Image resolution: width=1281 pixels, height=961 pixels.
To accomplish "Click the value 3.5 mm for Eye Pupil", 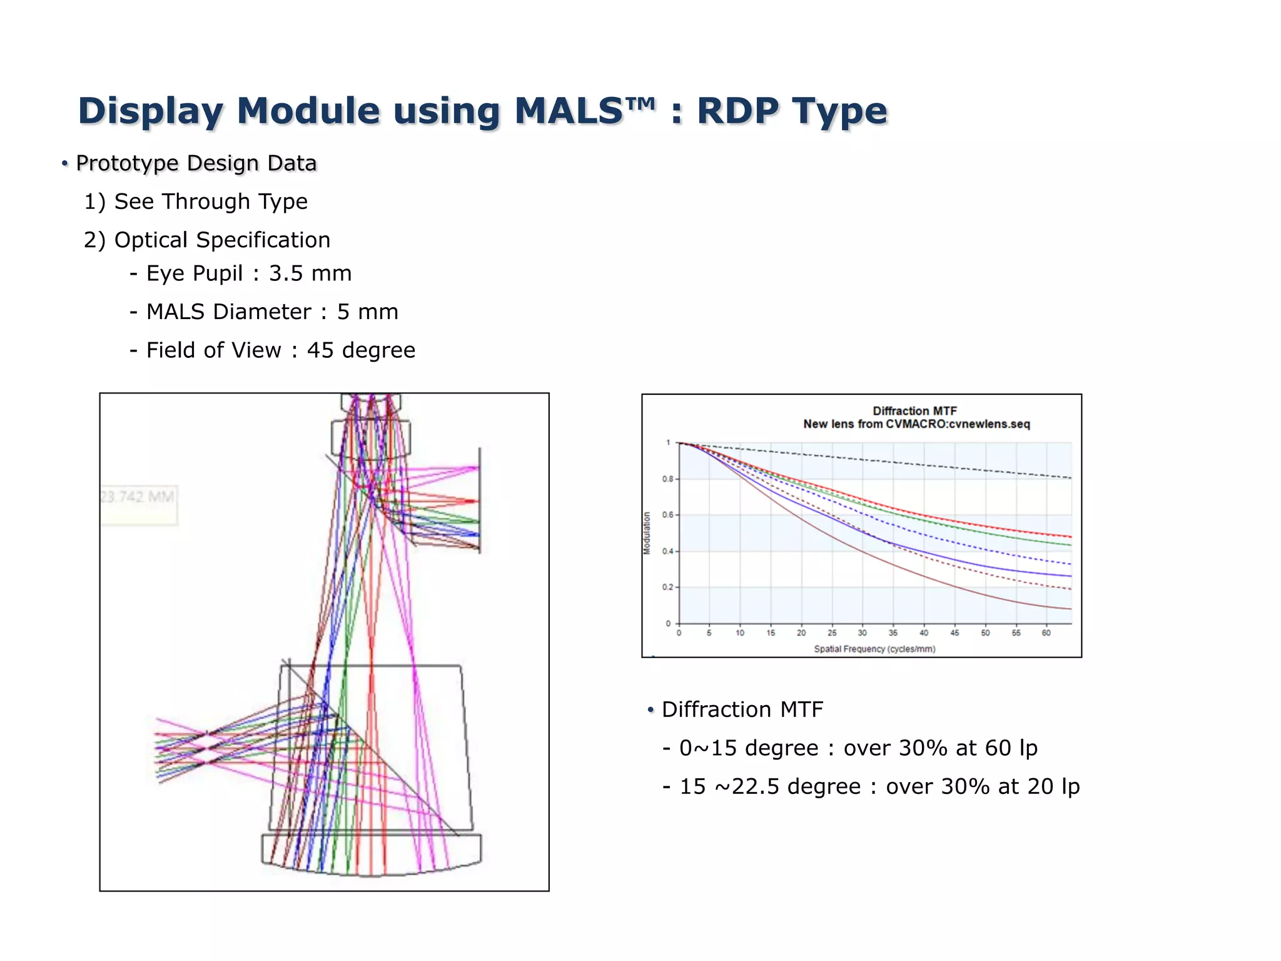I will [x=310, y=273].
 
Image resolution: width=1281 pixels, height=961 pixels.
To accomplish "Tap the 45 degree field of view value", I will [x=361, y=350].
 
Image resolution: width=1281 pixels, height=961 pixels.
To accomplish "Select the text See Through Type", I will [x=211, y=201].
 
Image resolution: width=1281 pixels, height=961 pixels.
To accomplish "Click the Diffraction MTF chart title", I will [x=914, y=411].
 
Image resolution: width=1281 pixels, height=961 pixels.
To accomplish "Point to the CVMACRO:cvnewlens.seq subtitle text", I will [x=957, y=424].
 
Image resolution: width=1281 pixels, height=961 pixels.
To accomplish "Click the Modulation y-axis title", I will [x=647, y=533].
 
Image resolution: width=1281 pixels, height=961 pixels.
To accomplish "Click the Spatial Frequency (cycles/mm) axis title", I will [x=874, y=649].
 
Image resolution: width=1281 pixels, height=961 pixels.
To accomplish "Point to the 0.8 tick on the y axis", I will [x=668, y=479].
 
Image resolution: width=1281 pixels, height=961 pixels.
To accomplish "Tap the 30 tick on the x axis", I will [x=862, y=633].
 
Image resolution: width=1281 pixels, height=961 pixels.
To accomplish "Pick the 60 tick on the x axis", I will [x=1046, y=633].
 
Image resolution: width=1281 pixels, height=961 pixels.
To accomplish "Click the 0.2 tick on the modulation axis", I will [x=668, y=587].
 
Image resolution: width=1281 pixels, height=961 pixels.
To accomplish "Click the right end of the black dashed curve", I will [x=1070, y=478].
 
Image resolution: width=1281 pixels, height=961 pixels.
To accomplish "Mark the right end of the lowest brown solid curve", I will [x=1070, y=609].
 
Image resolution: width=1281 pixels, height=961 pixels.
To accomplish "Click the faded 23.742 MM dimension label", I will [x=138, y=497].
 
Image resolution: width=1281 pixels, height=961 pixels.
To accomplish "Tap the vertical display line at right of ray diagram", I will [x=480, y=501].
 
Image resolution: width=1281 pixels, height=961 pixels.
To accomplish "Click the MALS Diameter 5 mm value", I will [x=367, y=312].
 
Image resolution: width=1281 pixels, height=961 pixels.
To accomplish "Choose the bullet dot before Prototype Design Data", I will [x=64, y=164].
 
